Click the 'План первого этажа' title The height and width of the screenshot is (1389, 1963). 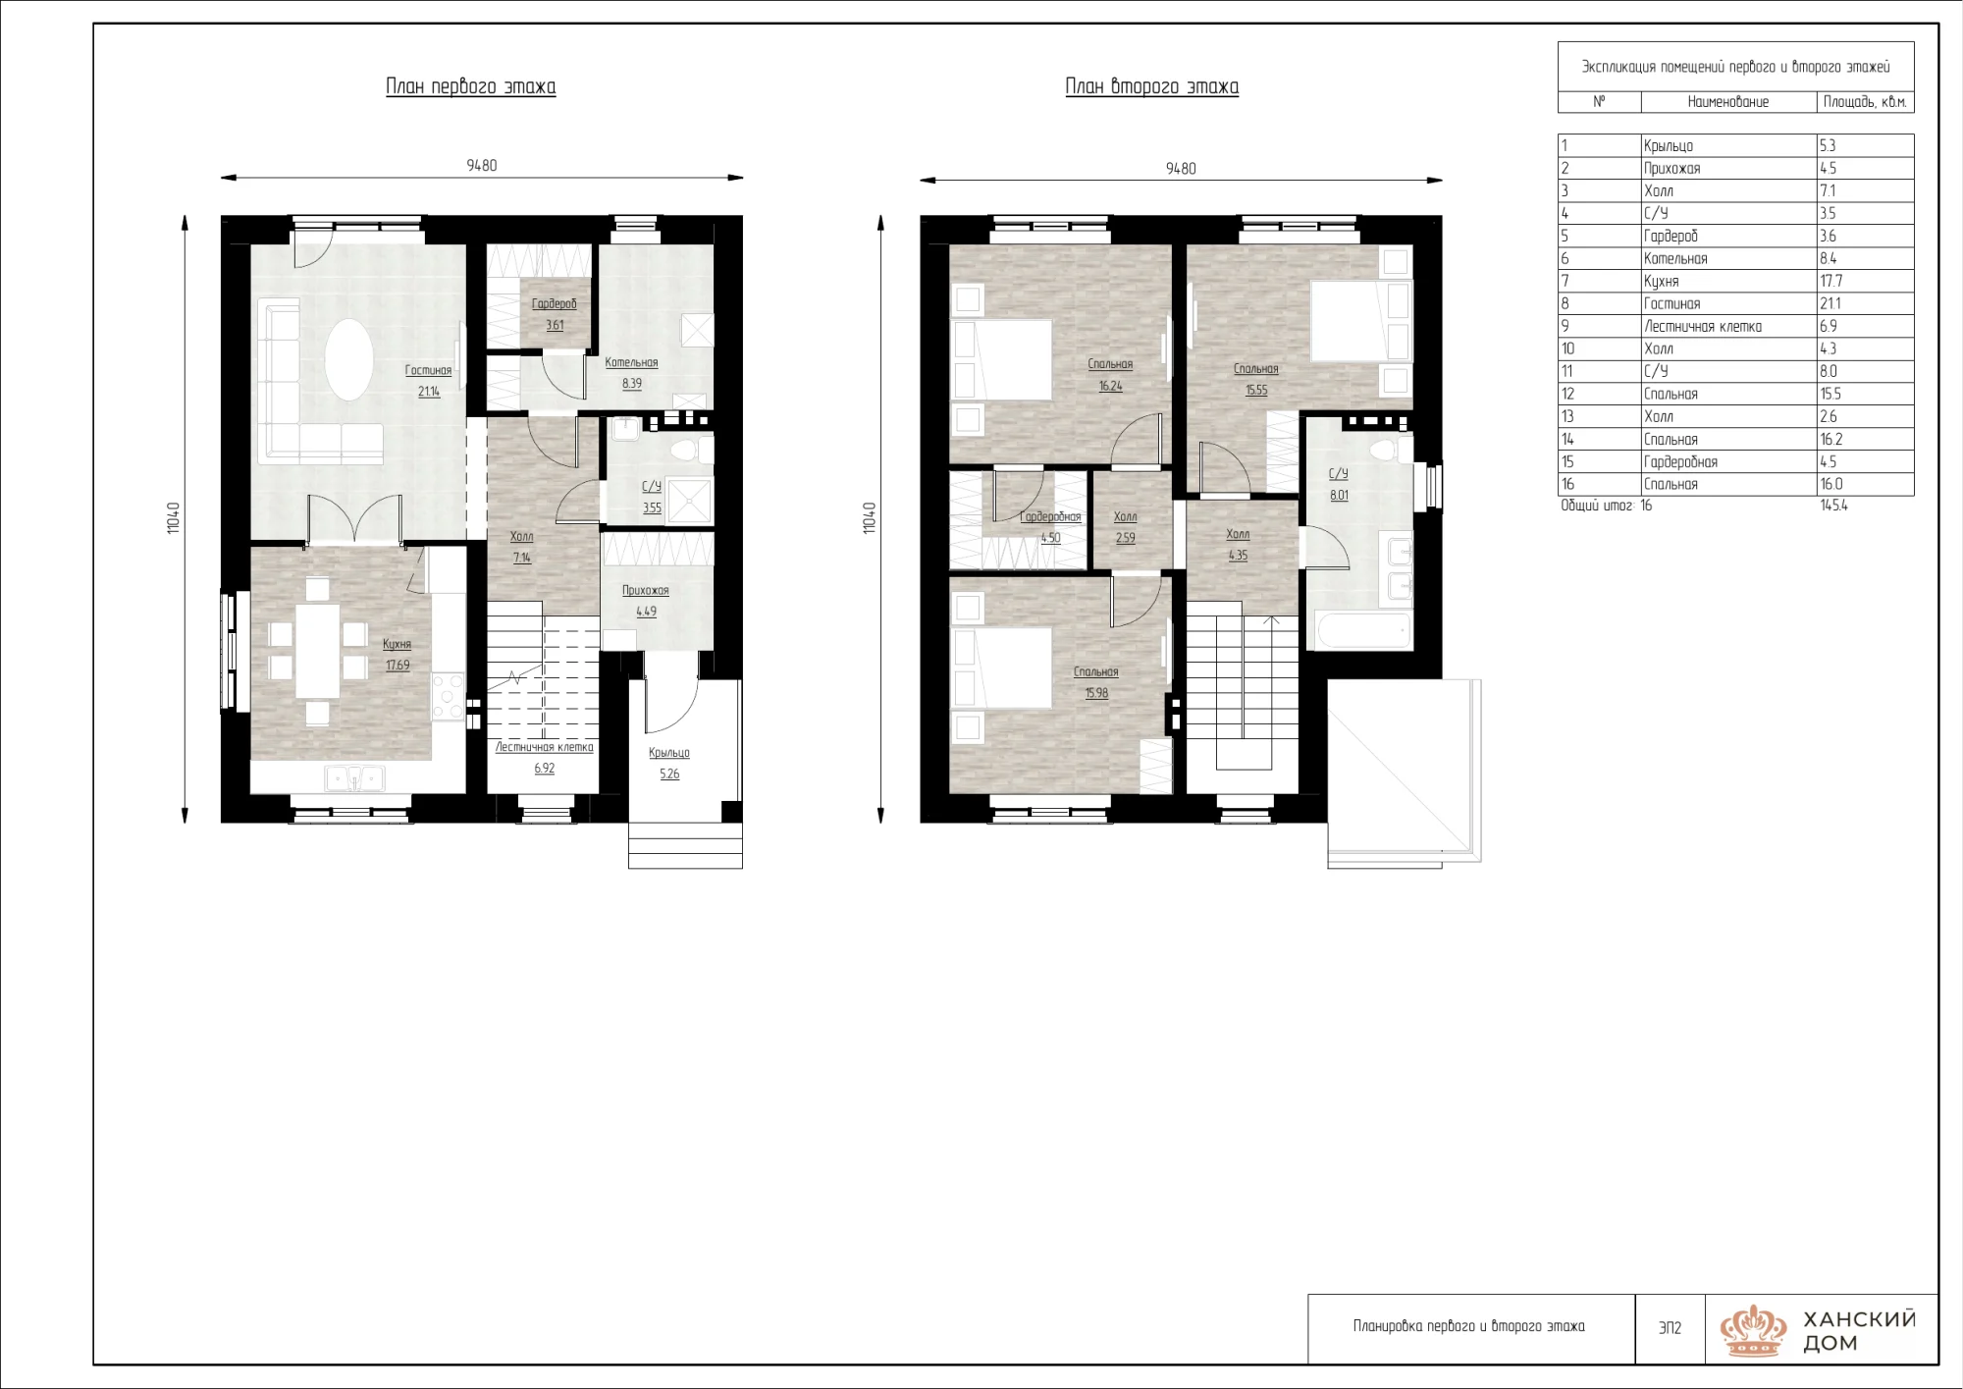tap(471, 87)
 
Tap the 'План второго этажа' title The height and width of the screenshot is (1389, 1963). tap(1152, 87)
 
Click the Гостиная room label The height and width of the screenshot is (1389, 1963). tap(429, 370)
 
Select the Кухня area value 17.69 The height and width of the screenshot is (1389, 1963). tap(398, 666)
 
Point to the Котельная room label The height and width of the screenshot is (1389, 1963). tap(631, 362)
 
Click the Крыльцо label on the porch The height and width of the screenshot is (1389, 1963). tap(669, 753)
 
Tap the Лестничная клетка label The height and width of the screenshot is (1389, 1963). tap(545, 747)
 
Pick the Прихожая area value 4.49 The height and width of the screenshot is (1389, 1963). tap(646, 612)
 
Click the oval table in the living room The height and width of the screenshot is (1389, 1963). tap(348, 359)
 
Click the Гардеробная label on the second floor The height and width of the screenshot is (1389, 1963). tap(1050, 516)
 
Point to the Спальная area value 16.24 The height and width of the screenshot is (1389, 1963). tap(1110, 386)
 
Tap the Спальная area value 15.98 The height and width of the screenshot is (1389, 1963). tap(1096, 693)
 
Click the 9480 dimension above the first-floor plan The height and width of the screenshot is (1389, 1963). tap(482, 166)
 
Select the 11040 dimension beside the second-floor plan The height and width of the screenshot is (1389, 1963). tap(869, 518)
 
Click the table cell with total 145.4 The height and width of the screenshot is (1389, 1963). tap(1833, 506)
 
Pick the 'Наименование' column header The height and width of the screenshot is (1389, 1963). tap(1728, 102)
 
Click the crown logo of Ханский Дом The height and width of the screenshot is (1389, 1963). tap(1753, 1330)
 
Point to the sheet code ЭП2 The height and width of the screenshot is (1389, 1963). tap(1670, 1328)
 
